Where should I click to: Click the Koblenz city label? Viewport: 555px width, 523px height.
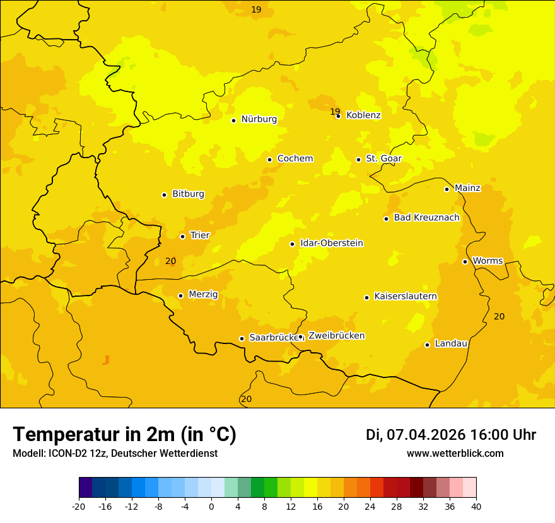click(363, 115)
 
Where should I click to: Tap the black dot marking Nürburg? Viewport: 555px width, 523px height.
click(233, 120)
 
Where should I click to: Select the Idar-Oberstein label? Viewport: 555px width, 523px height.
click(331, 243)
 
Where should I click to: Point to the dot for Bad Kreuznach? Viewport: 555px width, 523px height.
click(386, 219)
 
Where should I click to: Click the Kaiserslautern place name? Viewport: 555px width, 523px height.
click(406, 296)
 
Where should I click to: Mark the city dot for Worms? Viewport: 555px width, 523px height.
click(465, 261)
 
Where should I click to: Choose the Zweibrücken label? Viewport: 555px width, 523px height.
click(336, 336)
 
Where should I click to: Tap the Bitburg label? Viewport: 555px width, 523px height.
click(188, 194)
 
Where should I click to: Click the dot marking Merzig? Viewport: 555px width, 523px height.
click(180, 296)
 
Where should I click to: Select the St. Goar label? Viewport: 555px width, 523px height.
click(383, 159)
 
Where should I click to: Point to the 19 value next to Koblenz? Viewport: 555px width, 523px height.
click(335, 112)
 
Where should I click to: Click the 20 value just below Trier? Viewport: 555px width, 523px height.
click(170, 261)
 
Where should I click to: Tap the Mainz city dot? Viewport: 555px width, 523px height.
click(447, 189)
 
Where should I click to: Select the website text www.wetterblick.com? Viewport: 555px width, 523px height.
click(455, 454)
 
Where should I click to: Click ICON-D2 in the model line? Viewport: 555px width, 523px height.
click(65, 454)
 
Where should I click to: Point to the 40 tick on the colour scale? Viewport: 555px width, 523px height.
click(476, 506)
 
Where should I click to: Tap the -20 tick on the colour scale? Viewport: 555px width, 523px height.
click(78, 506)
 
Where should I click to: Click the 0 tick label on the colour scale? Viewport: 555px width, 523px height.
click(211, 506)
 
